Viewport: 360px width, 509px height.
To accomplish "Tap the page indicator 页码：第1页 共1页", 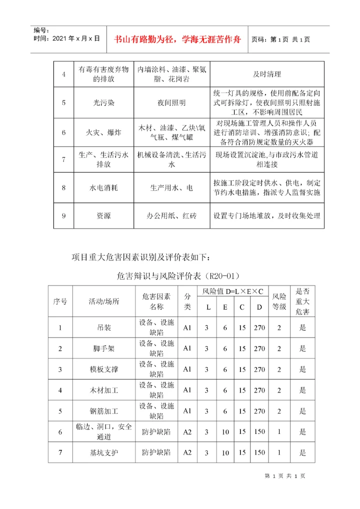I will [x=280, y=39].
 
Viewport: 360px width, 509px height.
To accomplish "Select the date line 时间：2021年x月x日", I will [x=66, y=38].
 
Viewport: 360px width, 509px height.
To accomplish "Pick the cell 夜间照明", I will [x=171, y=102].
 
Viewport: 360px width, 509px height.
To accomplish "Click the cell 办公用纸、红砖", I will [x=171, y=216].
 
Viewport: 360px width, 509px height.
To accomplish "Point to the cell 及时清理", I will [x=267, y=74].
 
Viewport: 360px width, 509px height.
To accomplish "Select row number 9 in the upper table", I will [x=63, y=216].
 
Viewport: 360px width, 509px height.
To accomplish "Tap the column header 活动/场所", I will [x=104, y=301].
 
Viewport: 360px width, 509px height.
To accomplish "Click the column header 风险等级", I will [x=279, y=301].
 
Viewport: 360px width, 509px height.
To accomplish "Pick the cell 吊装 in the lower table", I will [x=104, y=328].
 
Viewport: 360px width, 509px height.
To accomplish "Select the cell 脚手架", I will [x=104, y=348].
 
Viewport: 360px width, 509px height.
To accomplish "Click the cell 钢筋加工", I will [x=104, y=411].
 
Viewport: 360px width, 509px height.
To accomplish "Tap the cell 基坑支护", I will [x=104, y=452].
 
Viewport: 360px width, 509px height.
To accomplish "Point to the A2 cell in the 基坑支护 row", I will [x=187, y=452].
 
